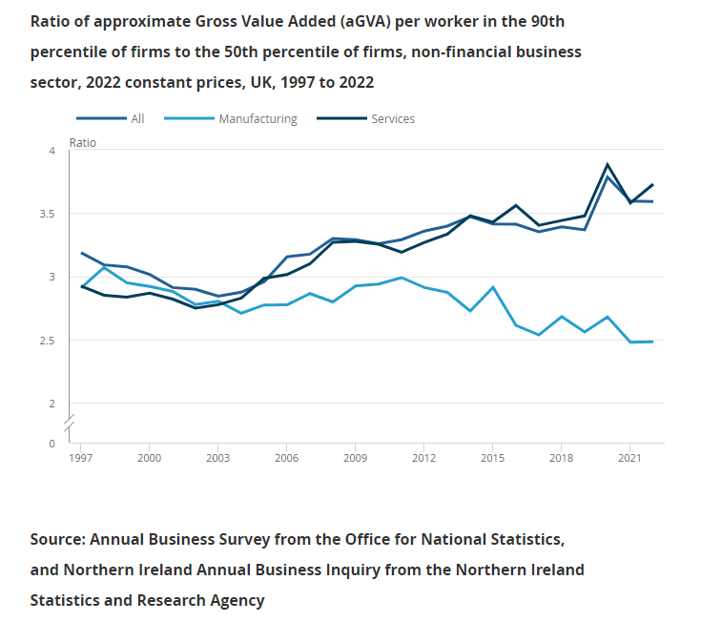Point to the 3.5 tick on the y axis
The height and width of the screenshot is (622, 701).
point(48,214)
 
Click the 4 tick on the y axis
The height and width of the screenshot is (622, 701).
point(52,151)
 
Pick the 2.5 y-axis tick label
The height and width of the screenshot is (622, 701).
point(48,341)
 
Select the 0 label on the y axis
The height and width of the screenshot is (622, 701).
point(52,444)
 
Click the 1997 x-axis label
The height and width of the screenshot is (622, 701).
point(81,459)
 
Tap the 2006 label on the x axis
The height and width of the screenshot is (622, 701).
point(286,459)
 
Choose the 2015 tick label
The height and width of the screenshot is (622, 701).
point(492,459)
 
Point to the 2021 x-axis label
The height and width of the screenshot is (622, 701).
point(629,459)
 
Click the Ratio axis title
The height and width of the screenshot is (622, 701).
point(83,143)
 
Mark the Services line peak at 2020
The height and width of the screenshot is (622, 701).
point(607,164)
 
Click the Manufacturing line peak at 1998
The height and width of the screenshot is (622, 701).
point(104,266)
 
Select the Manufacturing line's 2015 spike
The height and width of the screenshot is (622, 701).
point(492,287)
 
